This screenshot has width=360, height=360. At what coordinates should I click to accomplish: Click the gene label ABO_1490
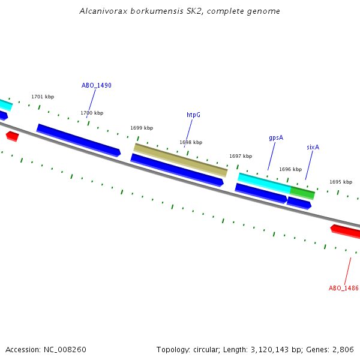click(97, 85)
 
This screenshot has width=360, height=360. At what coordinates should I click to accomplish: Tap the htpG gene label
click(193, 115)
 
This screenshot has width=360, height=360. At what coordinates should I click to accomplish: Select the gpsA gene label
click(276, 137)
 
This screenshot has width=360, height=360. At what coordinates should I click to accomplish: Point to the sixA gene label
click(313, 147)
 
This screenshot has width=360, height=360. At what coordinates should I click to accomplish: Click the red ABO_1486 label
click(343, 288)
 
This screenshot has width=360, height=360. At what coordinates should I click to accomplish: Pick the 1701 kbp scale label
click(43, 97)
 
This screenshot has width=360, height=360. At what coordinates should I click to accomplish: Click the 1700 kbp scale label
click(92, 113)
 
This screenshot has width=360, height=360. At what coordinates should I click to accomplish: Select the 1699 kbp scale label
click(142, 128)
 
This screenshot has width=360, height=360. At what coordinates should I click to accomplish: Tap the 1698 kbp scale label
click(191, 142)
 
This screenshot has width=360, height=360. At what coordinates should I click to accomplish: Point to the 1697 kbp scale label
click(241, 156)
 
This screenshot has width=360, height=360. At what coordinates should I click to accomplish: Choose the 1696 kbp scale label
click(290, 169)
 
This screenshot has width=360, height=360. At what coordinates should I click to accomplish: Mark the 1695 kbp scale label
click(341, 182)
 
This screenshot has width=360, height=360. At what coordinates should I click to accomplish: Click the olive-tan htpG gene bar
click(180, 160)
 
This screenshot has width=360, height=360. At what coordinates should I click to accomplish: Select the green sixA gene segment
click(302, 192)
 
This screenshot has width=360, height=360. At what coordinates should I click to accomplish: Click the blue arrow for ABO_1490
click(78, 140)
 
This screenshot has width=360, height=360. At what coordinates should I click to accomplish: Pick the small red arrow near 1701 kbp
click(12, 136)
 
